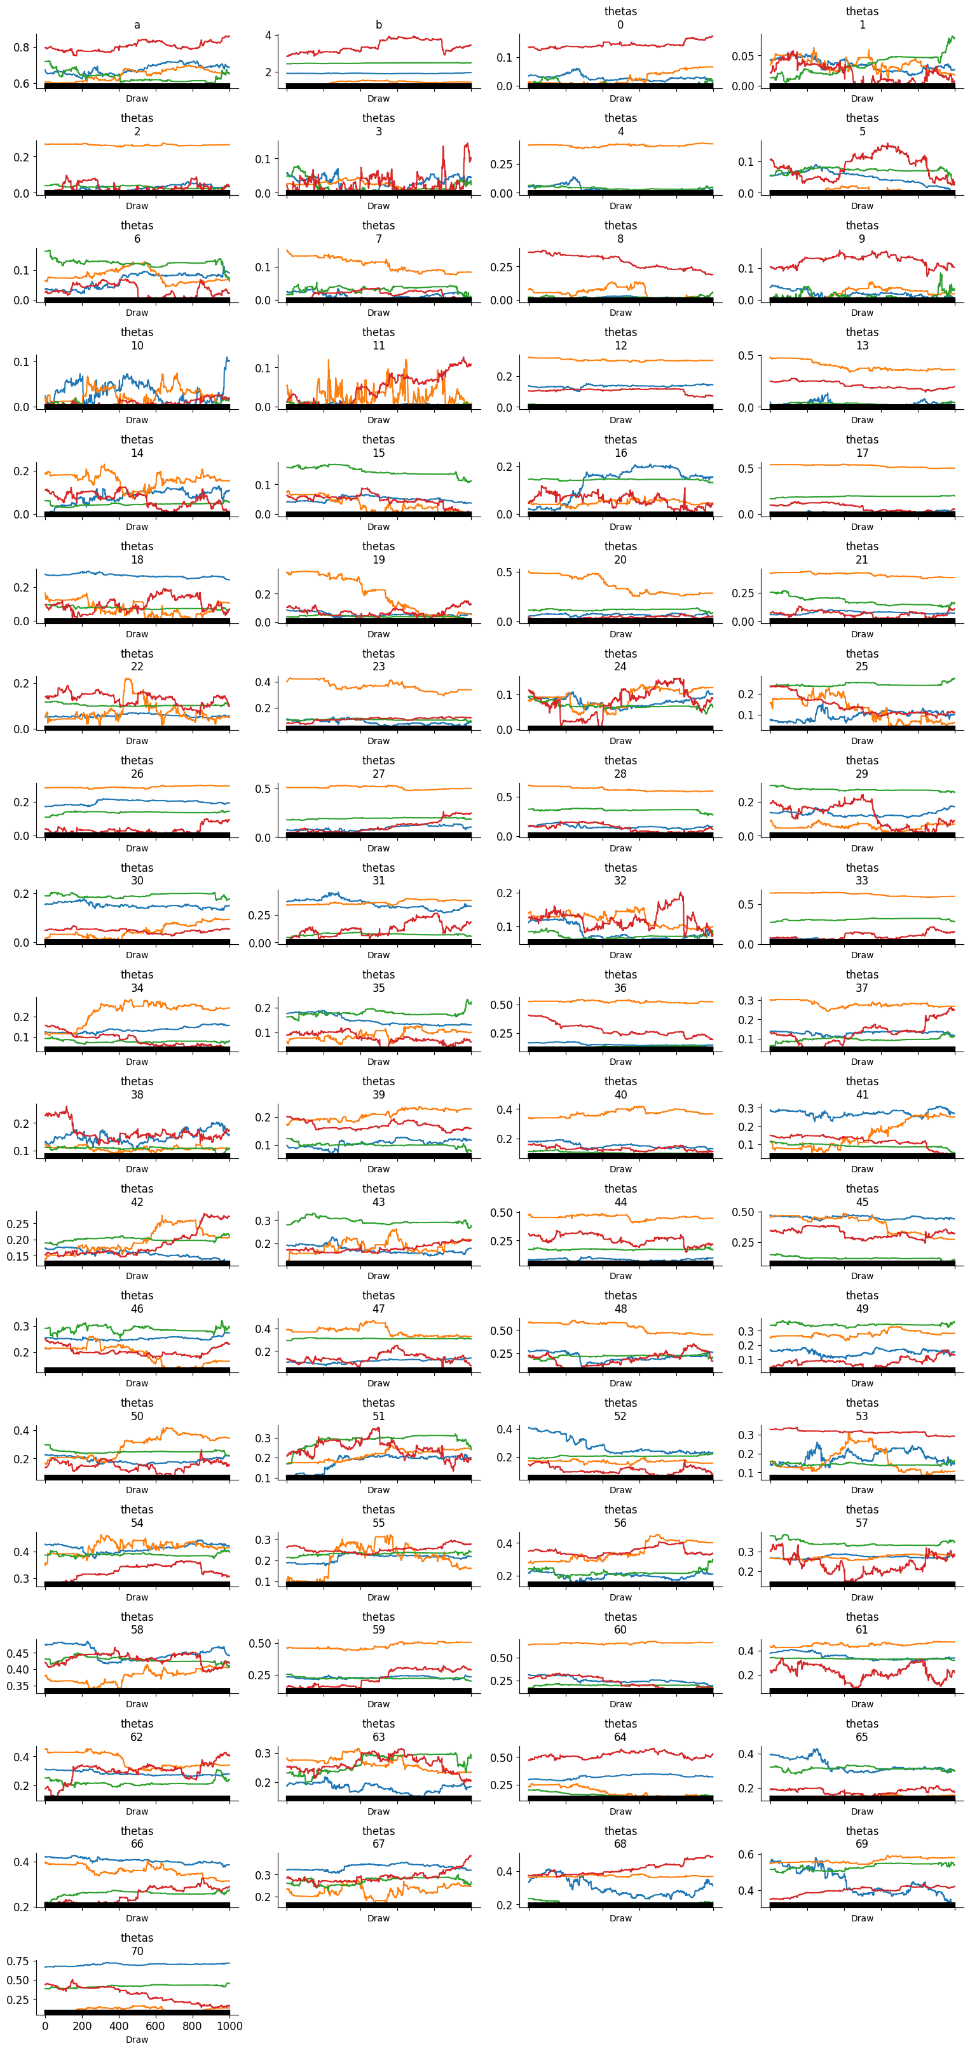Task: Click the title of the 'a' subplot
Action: click(x=137, y=25)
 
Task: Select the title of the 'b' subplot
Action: click(x=378, y=25)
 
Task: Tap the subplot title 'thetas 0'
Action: click(x=620, y=18)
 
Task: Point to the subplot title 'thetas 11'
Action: click(x=378, y=339)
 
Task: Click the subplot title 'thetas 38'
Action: click(x=137, y=1088)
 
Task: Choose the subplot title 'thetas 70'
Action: click(x=137, y=1944)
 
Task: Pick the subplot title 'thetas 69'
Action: click(x=862, y=1837)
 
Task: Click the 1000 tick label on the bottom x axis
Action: click(x=229, y=2026)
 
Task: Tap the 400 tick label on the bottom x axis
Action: click(x=119, y=2026)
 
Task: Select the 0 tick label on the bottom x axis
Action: click(x=45, y=2026)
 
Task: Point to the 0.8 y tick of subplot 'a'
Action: click(x=22, y=48)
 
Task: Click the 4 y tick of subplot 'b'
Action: click(x=268, y=36)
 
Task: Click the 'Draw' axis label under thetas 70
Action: click(x=137, y=2039)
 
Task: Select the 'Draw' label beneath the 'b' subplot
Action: click(x=378, y=98)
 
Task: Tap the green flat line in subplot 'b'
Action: click(x=378, y=63)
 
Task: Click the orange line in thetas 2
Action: click(x=137, y=145)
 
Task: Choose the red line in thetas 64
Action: click(x=620, y=1752)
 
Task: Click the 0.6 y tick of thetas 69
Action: click(x=746, y=1855)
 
